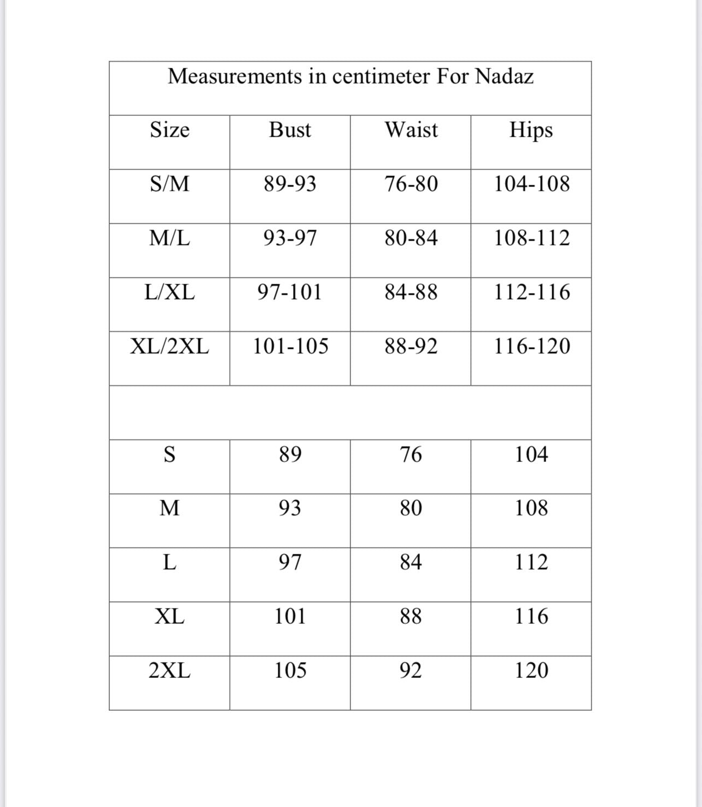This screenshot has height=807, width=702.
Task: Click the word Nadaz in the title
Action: [x=504, y=77]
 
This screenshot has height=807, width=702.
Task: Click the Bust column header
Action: [x=290, y=130]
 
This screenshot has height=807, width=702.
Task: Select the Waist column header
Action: [x=411, y=130]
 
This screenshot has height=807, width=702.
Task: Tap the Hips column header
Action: [x=531, y=130]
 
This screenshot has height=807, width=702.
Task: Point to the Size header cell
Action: [x=169, y=130]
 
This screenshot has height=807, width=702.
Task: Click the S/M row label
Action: [x=169, y=184]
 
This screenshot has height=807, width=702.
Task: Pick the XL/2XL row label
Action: [x=169, y=347]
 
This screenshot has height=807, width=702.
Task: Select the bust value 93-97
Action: [x=290, y=238]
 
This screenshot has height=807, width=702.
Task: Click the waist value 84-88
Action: [x=411, y=293]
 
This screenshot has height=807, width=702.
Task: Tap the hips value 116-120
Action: [x=532, y=347]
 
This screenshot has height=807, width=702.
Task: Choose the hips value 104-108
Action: [x=532, y=184]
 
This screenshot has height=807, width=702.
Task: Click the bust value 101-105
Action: [x=290, y=347]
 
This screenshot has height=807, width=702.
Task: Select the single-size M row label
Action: [x=169, y=508]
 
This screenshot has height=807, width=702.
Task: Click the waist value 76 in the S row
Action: [x=411, y=454]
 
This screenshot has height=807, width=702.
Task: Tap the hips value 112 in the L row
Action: [x=531, y=563]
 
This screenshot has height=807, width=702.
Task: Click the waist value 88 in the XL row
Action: [x=411, y=617]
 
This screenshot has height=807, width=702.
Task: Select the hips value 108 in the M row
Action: [x=531, y=508]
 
